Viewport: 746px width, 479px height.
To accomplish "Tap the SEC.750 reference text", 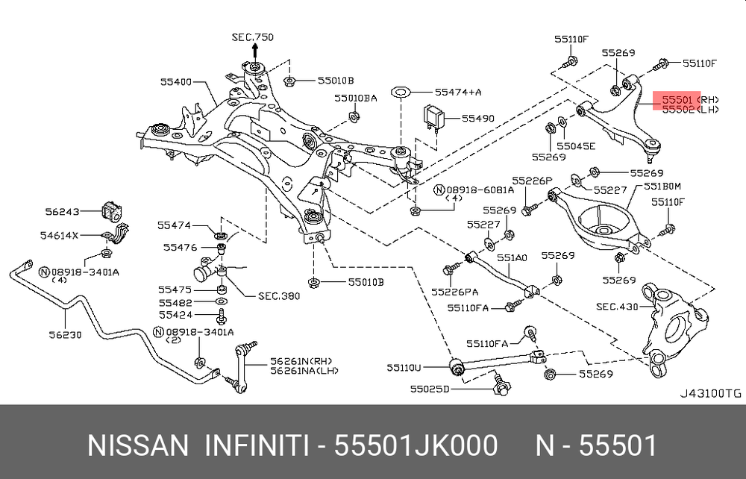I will pos(252,37).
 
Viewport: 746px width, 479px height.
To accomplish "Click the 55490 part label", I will pos(477,118).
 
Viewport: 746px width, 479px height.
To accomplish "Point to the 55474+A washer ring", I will pos(401,93).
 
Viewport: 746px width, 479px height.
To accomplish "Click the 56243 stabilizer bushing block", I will pos(110,211).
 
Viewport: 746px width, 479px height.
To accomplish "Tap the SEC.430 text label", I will pos(616,307).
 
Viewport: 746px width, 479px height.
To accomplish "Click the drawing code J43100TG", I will pos(710,392).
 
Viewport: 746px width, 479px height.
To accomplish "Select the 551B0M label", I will pos(663,186).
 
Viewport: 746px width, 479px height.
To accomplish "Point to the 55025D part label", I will pos(430,389).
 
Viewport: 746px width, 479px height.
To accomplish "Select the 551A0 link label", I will pos(512,257).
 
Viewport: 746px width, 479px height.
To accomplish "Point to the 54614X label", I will pos(59,236).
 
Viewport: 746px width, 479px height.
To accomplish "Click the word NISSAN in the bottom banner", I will pos(138,445).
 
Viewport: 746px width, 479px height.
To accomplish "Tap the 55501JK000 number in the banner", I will pos(416,445).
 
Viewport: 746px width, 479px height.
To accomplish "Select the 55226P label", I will pos(531,181).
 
